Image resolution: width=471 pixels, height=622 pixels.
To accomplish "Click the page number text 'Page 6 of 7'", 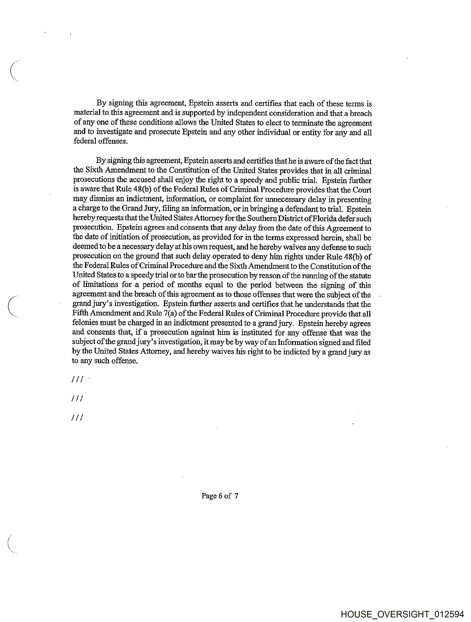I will (x=220, y=496).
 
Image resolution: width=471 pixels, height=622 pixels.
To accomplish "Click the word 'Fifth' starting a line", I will (x=79, y=313).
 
